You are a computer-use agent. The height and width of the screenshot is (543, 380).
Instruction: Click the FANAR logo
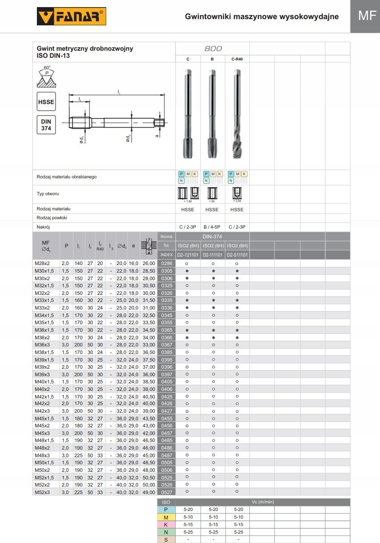pyautogui.click(x=71, y=17)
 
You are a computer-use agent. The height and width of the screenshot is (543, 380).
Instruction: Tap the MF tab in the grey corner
pyautogui.click(x=367, y=16)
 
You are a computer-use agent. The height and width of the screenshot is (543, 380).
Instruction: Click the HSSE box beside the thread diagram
pyautogui.click(x=46, y=102)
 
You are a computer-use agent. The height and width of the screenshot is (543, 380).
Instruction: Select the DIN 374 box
pyautogui.click(x=46, y=125)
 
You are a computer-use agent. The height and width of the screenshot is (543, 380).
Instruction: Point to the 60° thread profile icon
pyautogui.click(x=46, y=77)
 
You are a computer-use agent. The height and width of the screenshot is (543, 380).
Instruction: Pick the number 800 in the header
pyautogui.click(x=213, y=48)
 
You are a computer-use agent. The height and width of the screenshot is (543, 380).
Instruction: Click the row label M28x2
pyautogui.click(x=43, y=264)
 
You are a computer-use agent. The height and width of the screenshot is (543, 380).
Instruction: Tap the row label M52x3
pyautogui.click(x=43, y=492)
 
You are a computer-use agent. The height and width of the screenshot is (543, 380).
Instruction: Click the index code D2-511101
pyautogui.click(x=237, y=255)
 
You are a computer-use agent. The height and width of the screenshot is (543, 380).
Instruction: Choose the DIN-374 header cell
pyautogui.click(x=212, y=237)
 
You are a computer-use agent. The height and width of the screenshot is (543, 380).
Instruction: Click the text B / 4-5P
pyautogui.click(x=212, y=227)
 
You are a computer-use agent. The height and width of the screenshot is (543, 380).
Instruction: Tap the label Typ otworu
pyautogui.click(x=48, y=194)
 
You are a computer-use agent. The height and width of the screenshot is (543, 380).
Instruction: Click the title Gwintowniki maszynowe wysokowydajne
pyautogui.click(x=262, y=16)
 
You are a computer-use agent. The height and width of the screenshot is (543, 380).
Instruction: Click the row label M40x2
pyautogui.click(x=43, y=389)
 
